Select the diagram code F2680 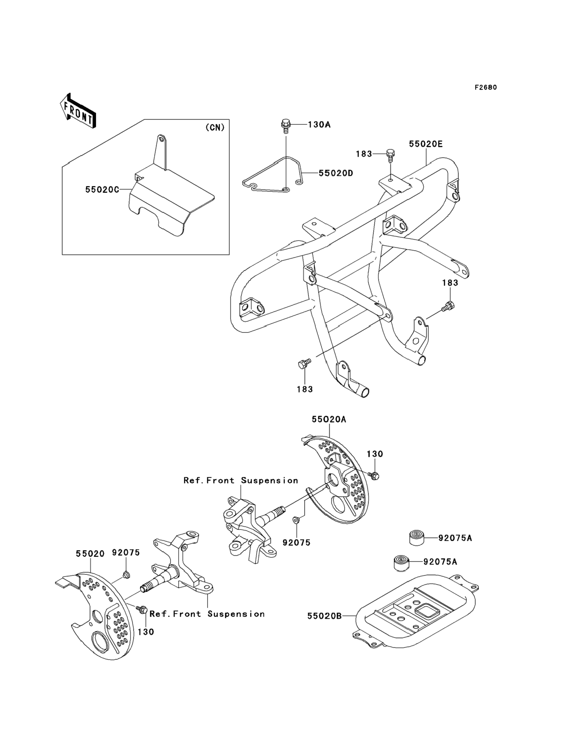(486, 87)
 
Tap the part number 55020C (102, 189)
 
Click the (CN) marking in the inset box (215, 127)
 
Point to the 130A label (319, 125)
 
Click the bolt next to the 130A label (285, 126)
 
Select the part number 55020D (336, 173)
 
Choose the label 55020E (425, 144)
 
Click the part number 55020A (329, 420)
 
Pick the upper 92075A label (455, 538)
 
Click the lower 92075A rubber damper (400, 563)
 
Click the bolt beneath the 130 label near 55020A (373, 476)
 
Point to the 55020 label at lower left (90, 554)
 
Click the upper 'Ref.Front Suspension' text (241, 480)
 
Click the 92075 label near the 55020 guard (126, 553)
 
